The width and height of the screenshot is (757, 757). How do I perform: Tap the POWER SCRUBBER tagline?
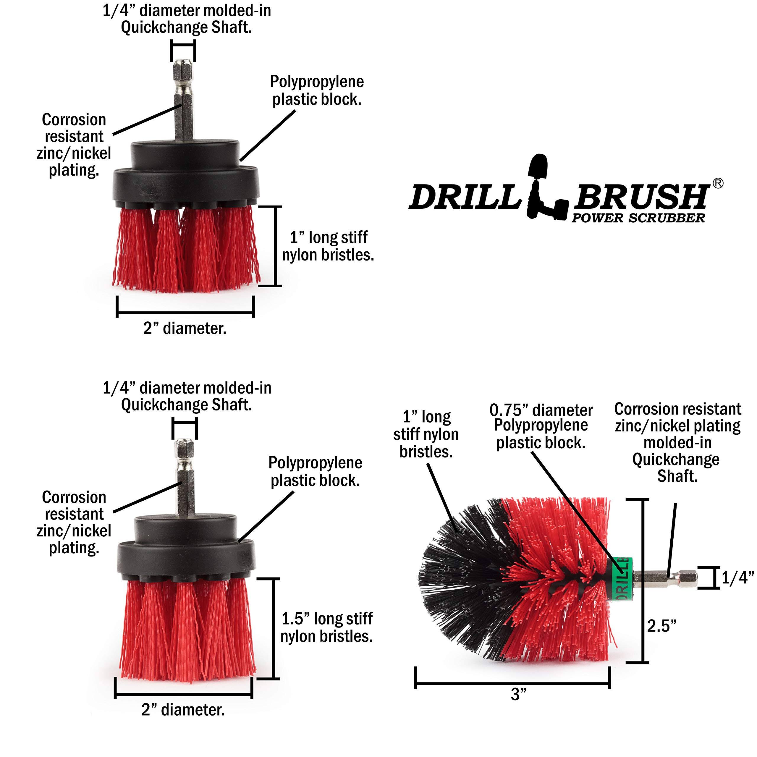pos(638,218)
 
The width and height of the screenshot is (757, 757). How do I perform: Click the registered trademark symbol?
pos(718,183)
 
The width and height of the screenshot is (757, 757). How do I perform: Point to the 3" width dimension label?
pos(518,705)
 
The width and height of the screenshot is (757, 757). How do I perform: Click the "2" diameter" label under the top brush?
pos(185,328)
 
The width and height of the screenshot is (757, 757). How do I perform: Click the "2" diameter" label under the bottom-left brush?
pos(183,710)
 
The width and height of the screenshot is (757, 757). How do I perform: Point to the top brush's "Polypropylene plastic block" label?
pos(317,90)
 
